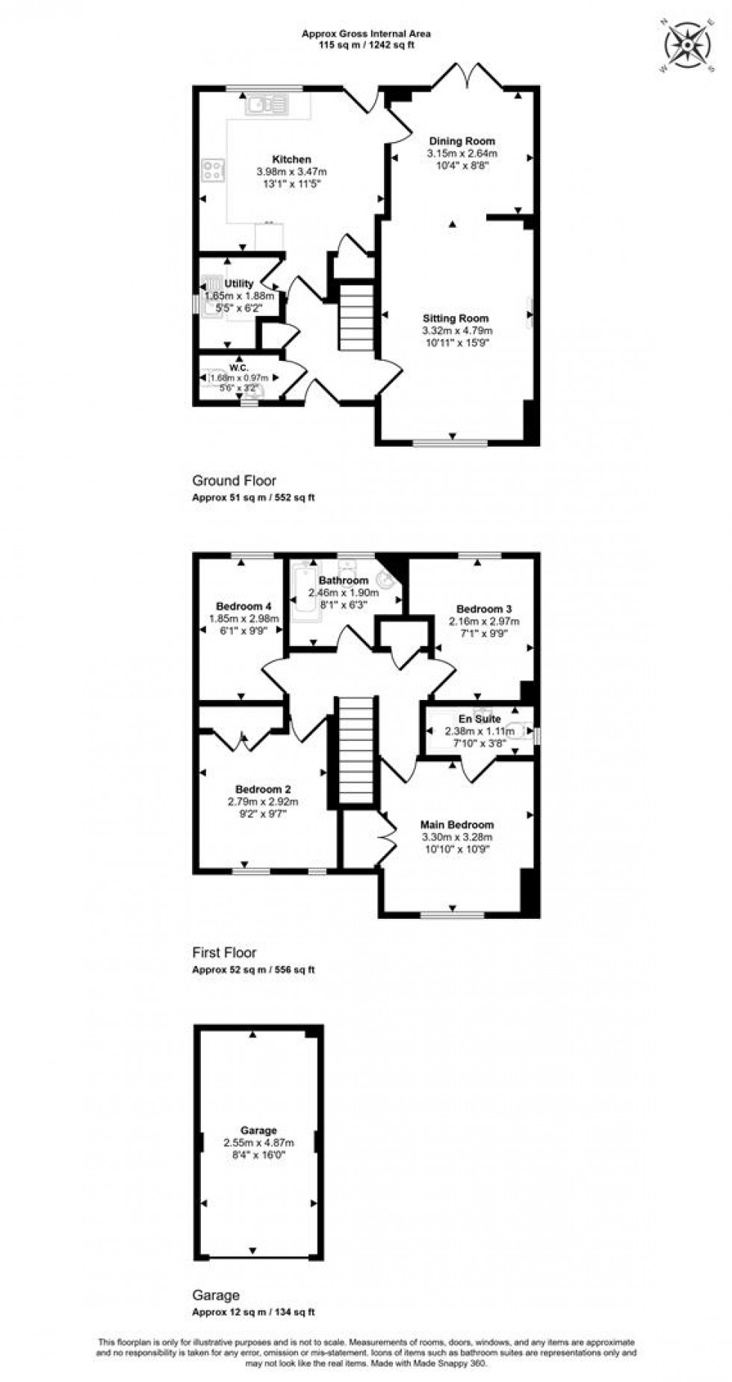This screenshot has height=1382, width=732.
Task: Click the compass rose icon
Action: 686,44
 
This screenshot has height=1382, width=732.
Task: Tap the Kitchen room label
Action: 291,159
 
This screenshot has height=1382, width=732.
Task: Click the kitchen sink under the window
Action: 266,105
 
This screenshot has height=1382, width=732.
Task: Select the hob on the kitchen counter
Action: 213,171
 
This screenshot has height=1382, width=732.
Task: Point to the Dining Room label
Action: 462,140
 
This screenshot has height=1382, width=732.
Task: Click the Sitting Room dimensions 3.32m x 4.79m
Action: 457,330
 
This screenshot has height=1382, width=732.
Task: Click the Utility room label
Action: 239,284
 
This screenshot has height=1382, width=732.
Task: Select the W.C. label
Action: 239,368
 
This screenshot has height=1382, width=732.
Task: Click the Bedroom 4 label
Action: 244,606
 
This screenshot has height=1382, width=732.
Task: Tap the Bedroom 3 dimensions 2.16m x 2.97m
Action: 484,621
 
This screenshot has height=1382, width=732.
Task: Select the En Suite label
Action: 480,719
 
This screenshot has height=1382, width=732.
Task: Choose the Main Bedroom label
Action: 457,825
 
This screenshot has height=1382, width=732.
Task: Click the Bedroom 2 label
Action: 263,789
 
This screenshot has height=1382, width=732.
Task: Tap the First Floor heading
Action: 224,952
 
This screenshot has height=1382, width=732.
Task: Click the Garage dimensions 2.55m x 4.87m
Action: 258,1142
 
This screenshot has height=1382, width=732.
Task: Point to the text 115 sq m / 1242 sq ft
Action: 366,45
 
